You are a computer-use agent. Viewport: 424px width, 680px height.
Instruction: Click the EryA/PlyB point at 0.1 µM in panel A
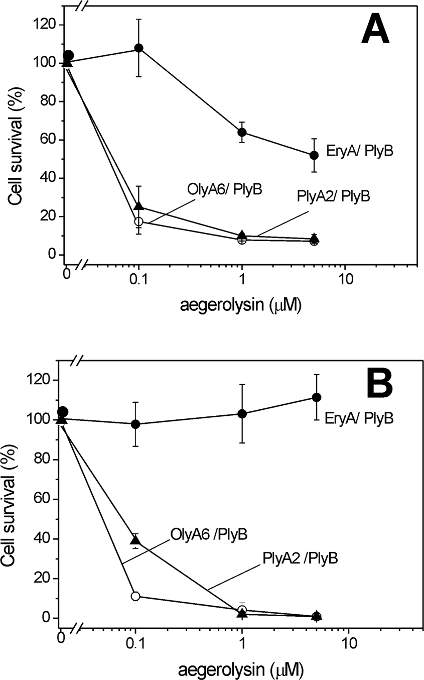tap(139, 48)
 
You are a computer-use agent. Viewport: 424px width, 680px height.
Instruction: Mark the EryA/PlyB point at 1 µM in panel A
tap(242, 132)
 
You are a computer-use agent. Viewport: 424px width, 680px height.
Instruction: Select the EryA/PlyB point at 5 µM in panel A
tap(314, 155)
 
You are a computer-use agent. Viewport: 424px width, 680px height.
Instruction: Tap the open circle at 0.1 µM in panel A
tap(139, 221)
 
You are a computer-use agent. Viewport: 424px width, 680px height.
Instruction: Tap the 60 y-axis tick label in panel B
tap(41, 499)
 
